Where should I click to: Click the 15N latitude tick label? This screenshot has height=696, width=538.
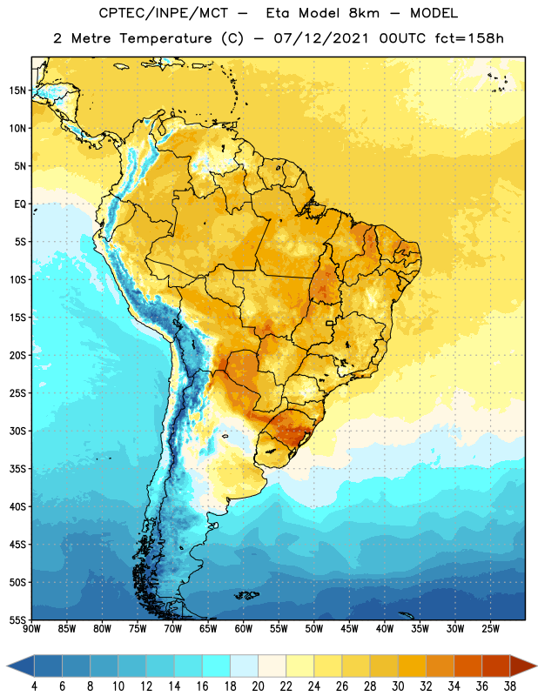click(x=17, y=90)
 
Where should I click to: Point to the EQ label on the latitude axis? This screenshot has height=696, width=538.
click(x=20, y=204)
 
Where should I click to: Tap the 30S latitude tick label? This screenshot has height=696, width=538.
click(x=17, y=431)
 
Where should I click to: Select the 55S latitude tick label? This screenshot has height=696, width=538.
click(x=17, y=620)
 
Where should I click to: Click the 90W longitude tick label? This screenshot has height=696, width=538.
click(x=31, y=629)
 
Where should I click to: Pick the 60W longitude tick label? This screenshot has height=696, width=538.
click(x=244, y=629)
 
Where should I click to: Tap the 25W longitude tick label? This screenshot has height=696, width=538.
click(x=490, y=629)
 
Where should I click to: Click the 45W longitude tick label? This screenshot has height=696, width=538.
click(x=349, y=629)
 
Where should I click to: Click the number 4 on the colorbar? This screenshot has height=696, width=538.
click(x=34, y=686)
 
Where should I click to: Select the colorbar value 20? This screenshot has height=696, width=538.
click(x=258, y=686)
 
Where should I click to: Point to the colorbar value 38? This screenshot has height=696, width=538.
click(x=510, y=686)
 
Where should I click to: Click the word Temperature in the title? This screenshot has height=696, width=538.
click(x=165, y=38)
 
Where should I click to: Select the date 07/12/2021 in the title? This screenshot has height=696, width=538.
click(x=321, y=38)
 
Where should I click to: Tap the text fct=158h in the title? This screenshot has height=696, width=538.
click(x=469, y=38)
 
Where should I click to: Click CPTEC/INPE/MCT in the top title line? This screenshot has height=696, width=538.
click(x=164, y=13)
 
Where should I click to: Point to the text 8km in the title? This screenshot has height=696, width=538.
click(x=364, y=13)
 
